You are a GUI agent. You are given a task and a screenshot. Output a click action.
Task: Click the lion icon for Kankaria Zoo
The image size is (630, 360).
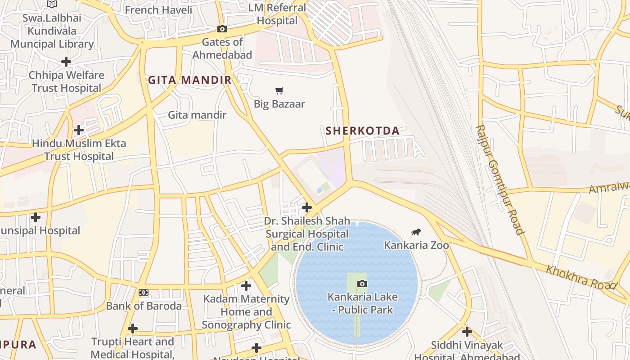(416, 232)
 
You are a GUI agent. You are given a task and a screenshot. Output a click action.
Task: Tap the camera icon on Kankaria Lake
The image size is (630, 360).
(362, 283)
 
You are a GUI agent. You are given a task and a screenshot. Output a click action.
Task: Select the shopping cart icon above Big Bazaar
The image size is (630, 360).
(279, 91)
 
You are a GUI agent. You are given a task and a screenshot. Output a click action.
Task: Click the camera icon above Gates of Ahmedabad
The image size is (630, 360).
(222, 29)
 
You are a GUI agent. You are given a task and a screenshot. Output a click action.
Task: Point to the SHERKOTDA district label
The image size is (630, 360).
(362, 131)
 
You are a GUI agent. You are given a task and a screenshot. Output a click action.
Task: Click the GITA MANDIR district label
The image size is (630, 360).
(189, 81)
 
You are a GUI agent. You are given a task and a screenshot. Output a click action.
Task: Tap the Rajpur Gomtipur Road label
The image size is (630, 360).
(499, 180)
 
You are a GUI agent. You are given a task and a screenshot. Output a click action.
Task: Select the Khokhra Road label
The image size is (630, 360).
(580, 277)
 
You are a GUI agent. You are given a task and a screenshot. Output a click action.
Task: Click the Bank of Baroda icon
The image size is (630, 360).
(144, 292)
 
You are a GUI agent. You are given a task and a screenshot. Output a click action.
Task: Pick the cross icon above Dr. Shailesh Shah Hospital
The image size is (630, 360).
(307, 207)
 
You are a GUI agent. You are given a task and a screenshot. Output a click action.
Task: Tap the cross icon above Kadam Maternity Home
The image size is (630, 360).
(246, 286)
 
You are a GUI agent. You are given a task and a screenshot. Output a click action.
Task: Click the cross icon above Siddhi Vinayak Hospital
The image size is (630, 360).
(467, 332)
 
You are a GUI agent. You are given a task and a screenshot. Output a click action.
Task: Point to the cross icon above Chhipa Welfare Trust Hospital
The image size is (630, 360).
(66, 62)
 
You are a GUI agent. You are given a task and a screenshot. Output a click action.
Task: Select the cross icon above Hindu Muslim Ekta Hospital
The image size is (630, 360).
(79, 130)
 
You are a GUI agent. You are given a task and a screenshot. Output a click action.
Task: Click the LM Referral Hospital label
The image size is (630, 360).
(277, 14)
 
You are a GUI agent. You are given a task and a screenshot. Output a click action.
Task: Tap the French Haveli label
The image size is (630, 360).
(158, 10)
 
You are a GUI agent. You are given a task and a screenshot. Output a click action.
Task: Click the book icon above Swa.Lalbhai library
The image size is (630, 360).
(52, 4)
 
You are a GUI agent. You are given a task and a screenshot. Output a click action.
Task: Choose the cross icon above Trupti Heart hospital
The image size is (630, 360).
(133, 328)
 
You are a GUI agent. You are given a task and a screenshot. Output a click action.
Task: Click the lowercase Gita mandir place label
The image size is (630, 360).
(197, 115)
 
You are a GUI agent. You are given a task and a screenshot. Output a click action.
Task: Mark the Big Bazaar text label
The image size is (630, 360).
(279, 104)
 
